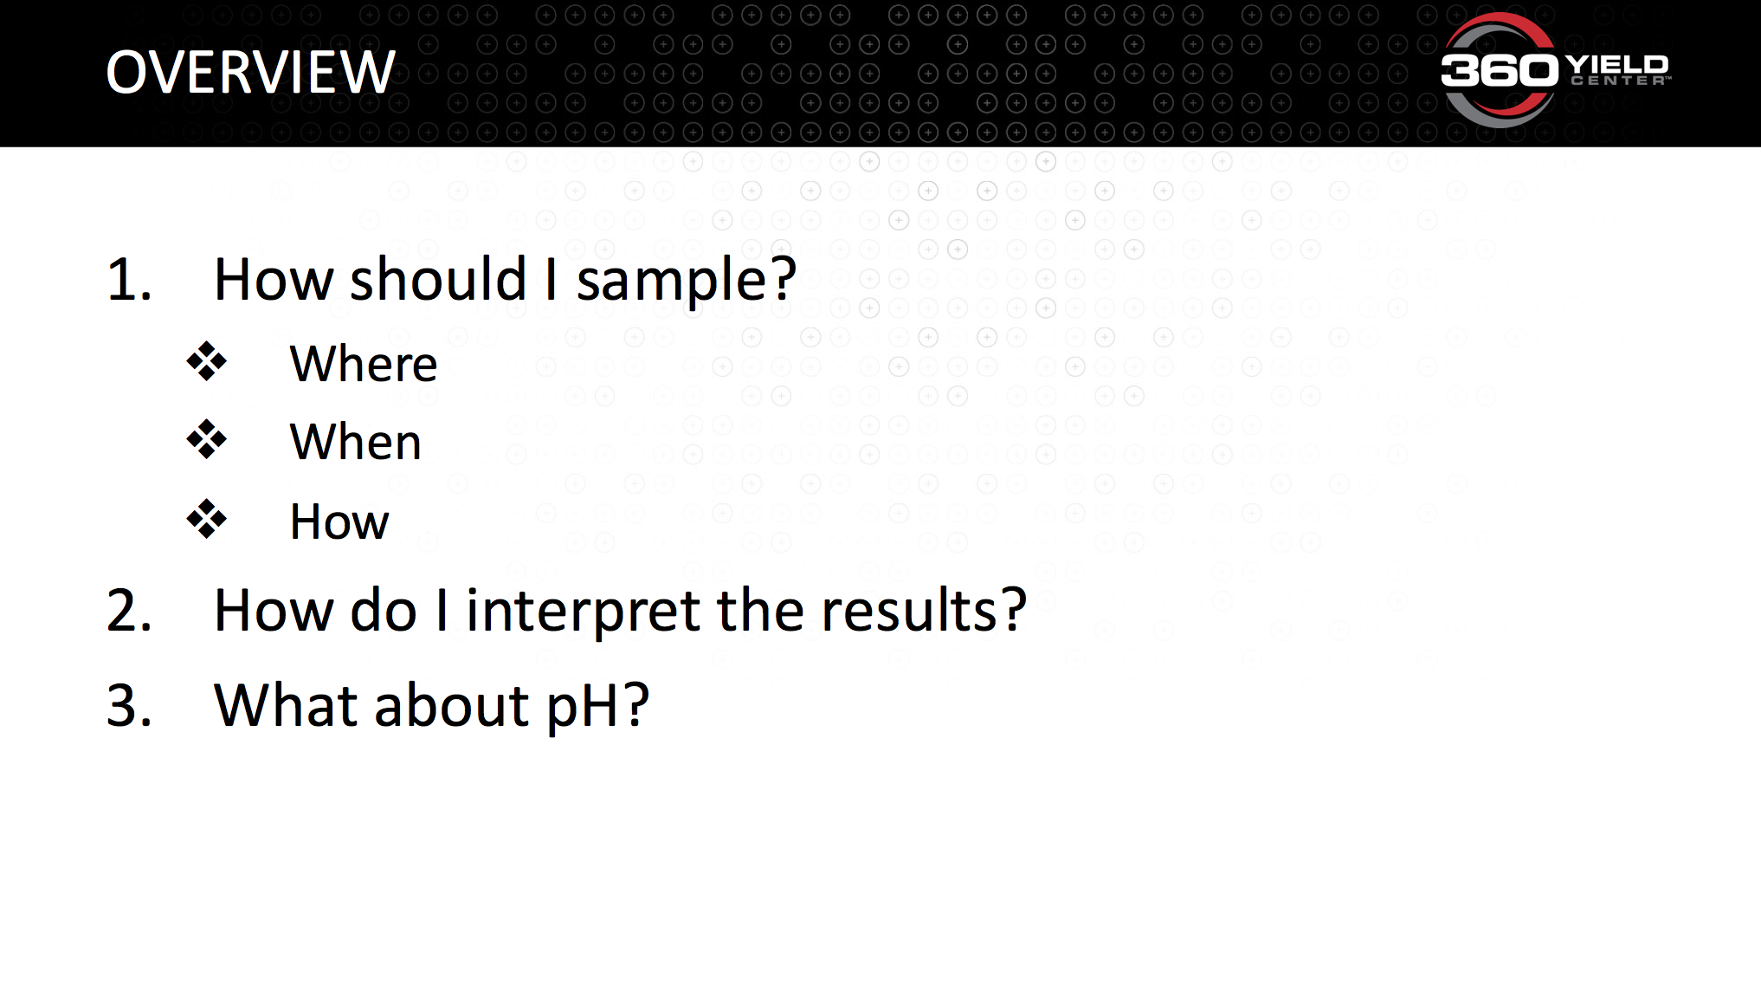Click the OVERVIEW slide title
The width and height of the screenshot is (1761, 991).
[x=250, y=72]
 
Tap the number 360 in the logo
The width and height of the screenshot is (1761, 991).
[x=1500, y=69]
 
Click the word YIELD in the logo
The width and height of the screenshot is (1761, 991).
[x=1617, y=64]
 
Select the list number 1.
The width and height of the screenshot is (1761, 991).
[x=129, y=281]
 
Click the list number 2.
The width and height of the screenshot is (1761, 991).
[x=129, y=611]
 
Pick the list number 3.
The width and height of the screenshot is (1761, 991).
[x=129, y=706]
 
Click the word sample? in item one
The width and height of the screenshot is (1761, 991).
[x=687, y=282]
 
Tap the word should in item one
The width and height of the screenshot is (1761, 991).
[x=438, y=279]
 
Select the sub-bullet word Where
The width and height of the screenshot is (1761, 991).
[x=364, y=364]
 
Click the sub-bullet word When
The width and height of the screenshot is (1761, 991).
[x=356, y=443]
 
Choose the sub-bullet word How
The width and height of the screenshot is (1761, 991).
[x=339, y=521]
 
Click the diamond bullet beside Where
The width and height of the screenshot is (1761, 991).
[x=207, y=362]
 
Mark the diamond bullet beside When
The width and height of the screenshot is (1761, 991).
[x=207, y=440]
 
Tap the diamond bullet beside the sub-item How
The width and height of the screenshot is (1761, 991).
[x=207, y=519]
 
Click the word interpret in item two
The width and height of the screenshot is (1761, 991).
[x=583, y=612]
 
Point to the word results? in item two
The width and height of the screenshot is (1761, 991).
[x=924, y=610]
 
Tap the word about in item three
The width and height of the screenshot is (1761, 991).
[x=452, y=704]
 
